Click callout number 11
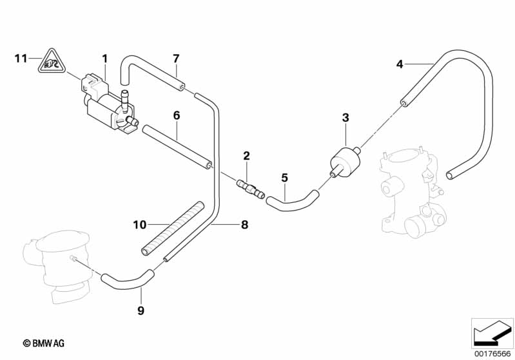click(19, 59)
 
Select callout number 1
click(104, 59)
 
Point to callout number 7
click(175, 59)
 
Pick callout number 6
click(175, 116)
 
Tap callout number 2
click(246, 155)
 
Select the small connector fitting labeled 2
click(249, 187)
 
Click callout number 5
click(284, 176)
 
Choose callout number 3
click(345, 117)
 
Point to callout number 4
click(400, 64)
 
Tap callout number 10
click(140, 225)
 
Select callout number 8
click(244, 225)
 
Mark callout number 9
click(141, 311)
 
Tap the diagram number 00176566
click(492, 352)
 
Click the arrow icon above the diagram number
click(492, 332)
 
